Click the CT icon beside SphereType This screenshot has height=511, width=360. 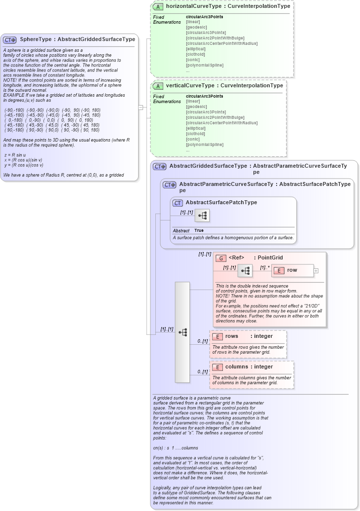(x=10, y=39)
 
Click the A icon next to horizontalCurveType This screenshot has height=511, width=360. (x=158, y=7)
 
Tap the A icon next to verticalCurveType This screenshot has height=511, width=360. (x=158, y=86)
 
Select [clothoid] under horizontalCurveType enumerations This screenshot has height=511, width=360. (x=196, y=54)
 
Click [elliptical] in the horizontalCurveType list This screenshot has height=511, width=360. (x=196, y=49)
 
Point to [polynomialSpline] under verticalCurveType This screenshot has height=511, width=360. (x=205, y=145)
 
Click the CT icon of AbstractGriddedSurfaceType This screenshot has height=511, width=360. (x=159, y=167)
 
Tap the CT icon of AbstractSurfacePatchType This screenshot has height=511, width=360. (x=178, y=203)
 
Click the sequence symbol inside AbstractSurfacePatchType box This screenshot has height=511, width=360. (x=202, y=216)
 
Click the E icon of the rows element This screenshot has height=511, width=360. (x=217, y=336)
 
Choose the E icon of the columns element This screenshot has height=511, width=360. (x=217, y=367)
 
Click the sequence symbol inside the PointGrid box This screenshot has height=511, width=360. (x=245, y=270)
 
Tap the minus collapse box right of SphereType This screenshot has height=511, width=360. (x=141, y=107)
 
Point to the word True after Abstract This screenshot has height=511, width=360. (x=199, y=230)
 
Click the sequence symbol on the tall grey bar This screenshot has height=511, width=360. (x=182, y=332)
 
